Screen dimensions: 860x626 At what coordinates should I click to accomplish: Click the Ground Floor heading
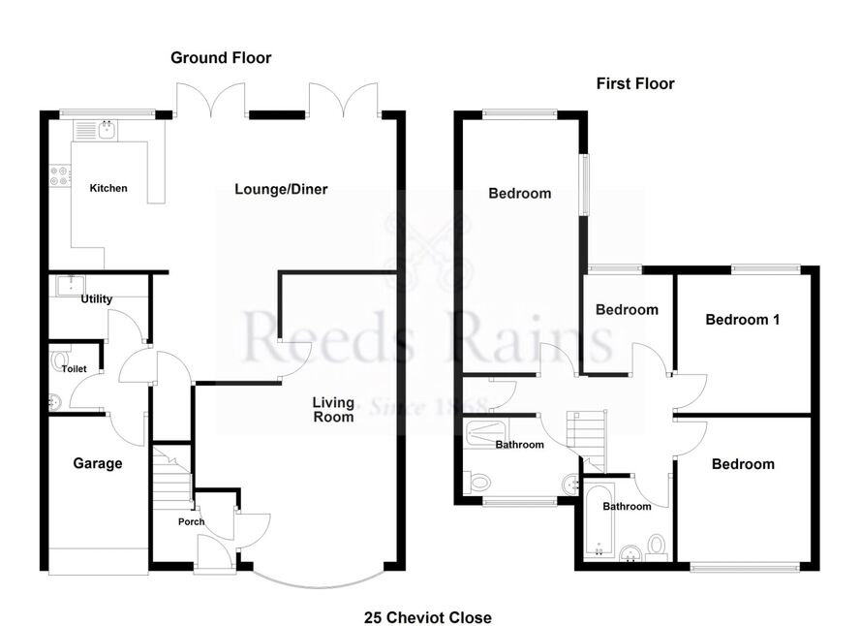click(221, 57)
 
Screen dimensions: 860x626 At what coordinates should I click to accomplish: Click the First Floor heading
click(635, 83)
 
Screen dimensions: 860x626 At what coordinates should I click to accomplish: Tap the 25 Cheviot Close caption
click(428, 618)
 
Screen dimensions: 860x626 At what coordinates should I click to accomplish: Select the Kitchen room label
click(108, 188)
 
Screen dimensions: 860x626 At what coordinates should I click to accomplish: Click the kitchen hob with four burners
click(60, 175)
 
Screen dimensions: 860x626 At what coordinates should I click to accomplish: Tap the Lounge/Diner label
click(281, 189)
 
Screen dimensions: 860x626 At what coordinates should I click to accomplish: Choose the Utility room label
click(97, 299)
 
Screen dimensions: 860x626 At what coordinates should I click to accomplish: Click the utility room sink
click(71, 285)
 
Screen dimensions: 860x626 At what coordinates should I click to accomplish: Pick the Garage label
click(98, 463)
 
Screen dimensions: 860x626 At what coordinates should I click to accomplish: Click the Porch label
click(191, 521)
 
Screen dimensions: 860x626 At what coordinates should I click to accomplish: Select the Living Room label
click(333, 410)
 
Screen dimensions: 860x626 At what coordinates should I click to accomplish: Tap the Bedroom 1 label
click(742, 320)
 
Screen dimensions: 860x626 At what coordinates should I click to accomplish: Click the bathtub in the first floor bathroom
click(599, 519)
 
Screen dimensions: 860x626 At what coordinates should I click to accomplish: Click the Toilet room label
click(74, 368)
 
